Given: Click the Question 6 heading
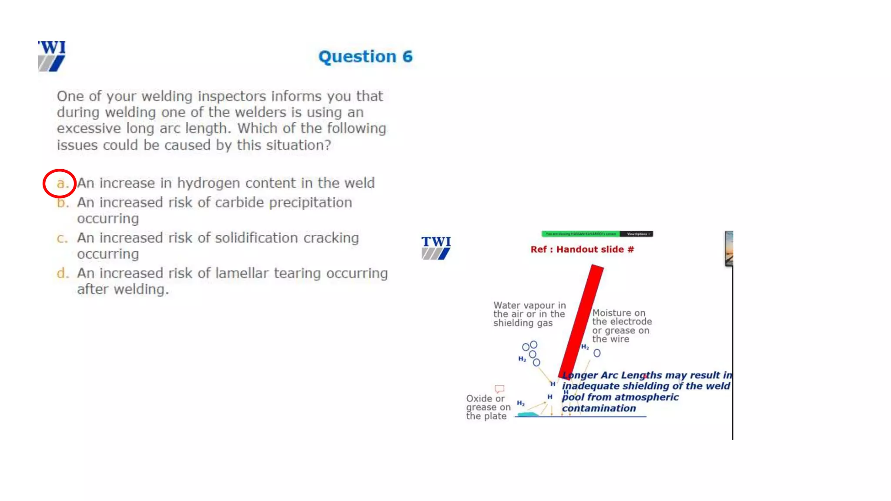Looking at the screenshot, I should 365,57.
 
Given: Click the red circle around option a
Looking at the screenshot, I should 60,184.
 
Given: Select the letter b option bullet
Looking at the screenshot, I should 62,203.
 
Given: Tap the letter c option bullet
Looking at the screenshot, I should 62,238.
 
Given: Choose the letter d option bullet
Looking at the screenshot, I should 62,274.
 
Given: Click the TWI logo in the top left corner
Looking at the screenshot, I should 52,56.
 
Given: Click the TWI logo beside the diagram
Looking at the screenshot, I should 436,248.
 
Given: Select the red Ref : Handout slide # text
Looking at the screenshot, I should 582,250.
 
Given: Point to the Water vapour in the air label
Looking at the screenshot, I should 529,314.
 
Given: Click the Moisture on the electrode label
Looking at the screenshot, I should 621,326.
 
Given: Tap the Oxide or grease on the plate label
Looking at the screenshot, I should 488,407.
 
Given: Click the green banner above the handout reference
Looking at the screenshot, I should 580,234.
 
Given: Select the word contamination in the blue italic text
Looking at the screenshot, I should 599,408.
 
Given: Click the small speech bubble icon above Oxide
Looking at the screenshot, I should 499,388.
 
